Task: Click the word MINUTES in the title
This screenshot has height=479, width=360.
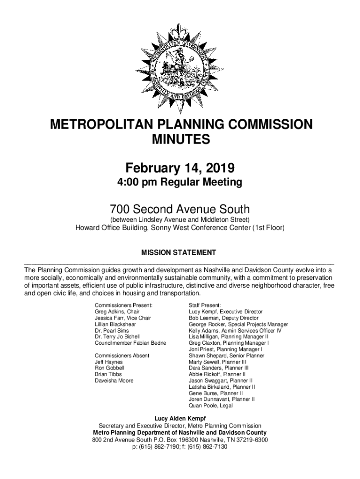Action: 180,139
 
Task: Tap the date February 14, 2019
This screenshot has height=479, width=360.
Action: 180,167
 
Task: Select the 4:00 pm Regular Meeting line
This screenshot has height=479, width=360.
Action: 180,182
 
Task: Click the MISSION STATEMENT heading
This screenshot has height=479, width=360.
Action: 179,253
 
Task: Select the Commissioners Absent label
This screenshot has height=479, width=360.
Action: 122,356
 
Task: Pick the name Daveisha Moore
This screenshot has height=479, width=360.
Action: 114,381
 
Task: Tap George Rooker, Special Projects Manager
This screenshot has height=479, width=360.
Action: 238,324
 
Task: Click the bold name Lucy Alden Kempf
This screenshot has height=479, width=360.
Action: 180,418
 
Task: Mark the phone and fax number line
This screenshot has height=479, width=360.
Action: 180,447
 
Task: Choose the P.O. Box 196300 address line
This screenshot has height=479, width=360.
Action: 180,440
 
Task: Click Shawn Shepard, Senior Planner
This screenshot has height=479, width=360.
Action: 226,356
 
